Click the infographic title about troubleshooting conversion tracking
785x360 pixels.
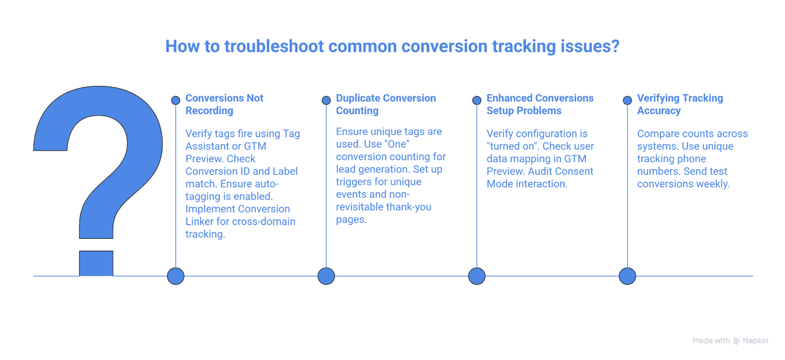[x=392, y=47]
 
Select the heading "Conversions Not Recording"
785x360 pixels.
[x=224, y=104]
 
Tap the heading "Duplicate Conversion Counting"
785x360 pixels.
[x=386, y=104]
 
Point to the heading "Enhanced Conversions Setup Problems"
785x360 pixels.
[x=540, y=104]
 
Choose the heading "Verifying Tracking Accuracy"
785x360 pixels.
[x=680, y=104]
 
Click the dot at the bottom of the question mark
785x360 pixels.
[x=96, y=263]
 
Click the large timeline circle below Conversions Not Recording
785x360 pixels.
[x=176, y=276]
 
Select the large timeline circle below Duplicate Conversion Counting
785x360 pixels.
[x=326, y=276]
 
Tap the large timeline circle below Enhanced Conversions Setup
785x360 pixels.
[x=477, y=276]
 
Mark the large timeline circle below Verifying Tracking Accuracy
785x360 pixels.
[x=628, y=276]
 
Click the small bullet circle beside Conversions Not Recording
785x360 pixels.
[x=176, y=101]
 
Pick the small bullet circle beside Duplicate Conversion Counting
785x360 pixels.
[x=326, y=101]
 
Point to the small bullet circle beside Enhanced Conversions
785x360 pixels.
[x=477, y=101]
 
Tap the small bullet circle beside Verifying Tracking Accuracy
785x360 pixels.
[x=628, y=101]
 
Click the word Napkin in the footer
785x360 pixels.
[x=755, y=340]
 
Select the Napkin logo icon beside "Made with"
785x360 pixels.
[x=736, y=341]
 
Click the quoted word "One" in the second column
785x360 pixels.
[x=397, y=144]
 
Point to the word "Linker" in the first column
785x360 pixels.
[x=199, y=222]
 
